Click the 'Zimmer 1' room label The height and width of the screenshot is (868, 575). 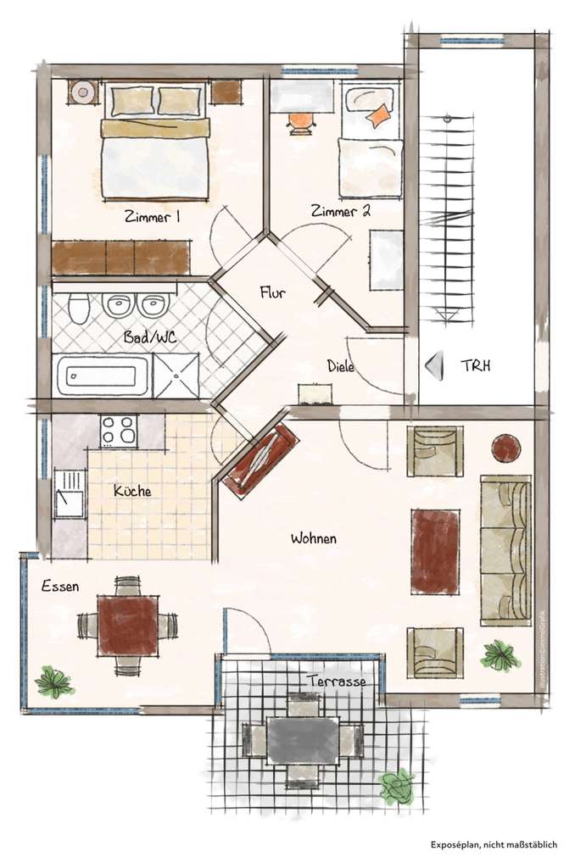point(152,217)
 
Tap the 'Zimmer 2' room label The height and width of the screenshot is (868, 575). point(339,211)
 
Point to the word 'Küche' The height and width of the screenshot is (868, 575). point(132,491)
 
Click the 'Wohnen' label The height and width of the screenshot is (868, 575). point(314,538)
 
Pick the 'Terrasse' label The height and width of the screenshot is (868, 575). point(337,681)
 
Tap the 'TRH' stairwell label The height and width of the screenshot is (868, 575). point(476,366)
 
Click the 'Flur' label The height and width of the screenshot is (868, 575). point(272,293)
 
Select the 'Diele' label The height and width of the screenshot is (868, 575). point(340,366)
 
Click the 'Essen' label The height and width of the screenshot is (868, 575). point(60,586)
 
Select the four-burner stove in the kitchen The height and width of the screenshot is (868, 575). point(119,431)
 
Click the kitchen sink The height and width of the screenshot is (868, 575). point(69,494)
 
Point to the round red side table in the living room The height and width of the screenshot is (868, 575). point(507,446)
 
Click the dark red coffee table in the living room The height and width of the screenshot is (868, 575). point(435,551)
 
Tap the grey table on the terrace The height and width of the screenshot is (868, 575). point(303,740)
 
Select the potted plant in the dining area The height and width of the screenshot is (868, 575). point(54,682)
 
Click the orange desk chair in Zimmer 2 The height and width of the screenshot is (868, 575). point(301,121)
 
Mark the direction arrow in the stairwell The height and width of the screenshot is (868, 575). point(435,366)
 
